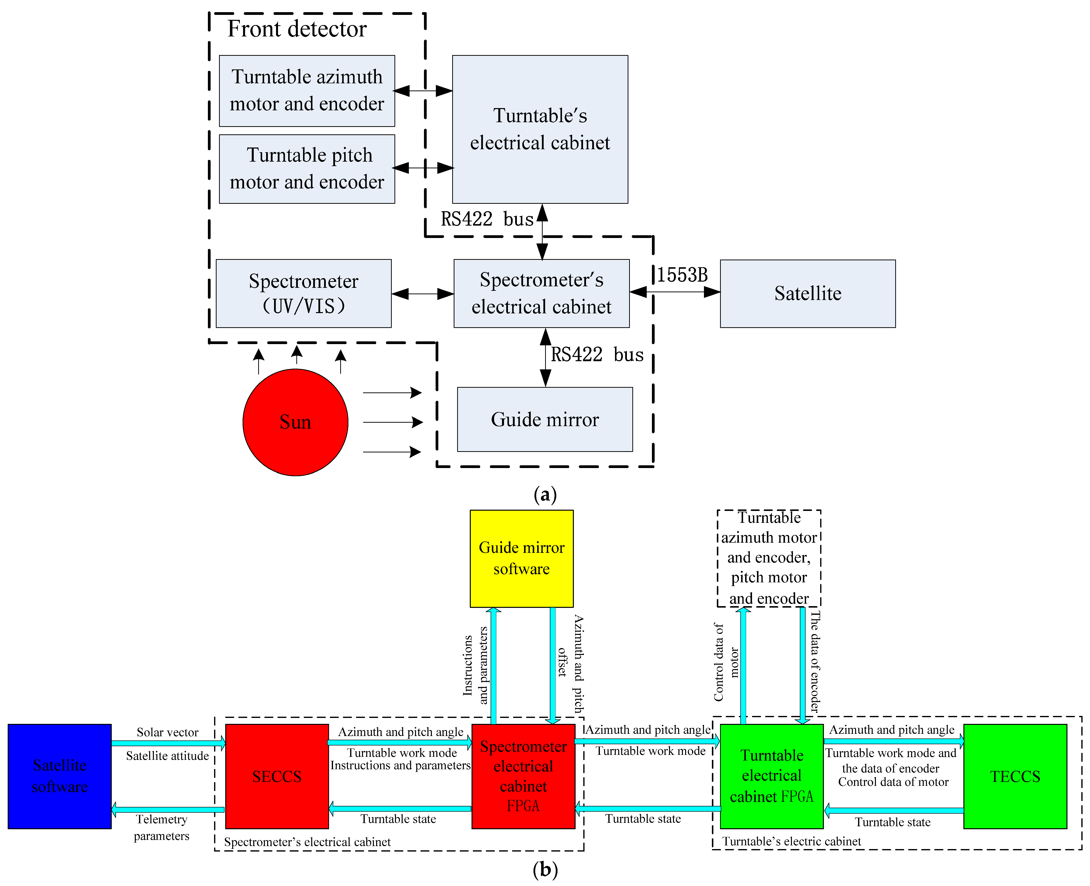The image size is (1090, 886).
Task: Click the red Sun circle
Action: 295,422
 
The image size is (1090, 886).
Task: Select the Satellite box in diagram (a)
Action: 808,294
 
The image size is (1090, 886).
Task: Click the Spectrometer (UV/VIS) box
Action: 304,294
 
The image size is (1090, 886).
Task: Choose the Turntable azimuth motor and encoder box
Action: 307,90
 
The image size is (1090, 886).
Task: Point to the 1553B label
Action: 682,275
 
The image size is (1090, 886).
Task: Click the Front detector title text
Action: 297,29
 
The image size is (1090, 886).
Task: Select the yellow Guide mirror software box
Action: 521,558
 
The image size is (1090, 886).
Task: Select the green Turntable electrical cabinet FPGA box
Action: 771,776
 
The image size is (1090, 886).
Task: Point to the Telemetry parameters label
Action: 162,827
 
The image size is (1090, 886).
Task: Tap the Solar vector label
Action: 167,732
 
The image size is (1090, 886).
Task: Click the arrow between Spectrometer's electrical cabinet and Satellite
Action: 675,292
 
